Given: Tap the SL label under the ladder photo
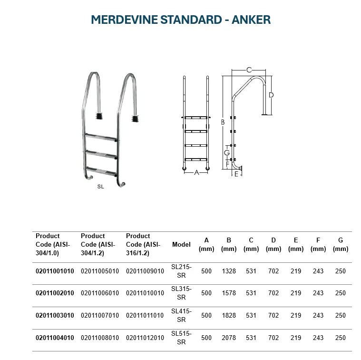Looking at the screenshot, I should tap(100, 187).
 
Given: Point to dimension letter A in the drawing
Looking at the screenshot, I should tap(196, 172).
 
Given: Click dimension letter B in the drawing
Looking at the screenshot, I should tap(222, 122).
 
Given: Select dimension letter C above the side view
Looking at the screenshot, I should tap(248, 70).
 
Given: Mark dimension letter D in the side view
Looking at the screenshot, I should tap(271, 95).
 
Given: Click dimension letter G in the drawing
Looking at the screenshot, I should tap(227, 153).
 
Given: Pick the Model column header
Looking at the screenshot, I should tap(181, 244).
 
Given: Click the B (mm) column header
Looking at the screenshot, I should tap(229, 244).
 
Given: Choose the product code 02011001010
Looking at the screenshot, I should tap(55, 271).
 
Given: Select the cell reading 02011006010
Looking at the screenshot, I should tap(100, 293).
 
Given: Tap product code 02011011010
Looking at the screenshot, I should tap(145, 316).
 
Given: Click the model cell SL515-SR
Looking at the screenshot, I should tap(181, 338).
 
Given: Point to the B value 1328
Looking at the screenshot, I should tap(229, 271).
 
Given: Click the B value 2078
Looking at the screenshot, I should tap(229, 338).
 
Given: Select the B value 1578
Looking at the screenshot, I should tap(229, 293).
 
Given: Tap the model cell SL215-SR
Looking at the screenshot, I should tap(181, 271).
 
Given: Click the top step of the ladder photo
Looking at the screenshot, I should tap(101, 137).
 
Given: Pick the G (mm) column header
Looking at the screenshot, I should tap(340, 244).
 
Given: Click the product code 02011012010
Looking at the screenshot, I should tap(145, 338).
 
